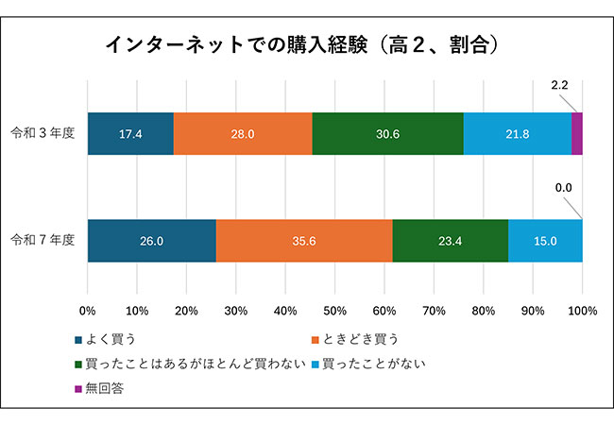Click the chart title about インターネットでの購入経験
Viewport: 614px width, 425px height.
[301, 44]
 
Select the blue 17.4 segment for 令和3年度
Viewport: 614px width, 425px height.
[130, 133]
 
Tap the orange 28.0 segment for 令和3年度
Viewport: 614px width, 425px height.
[243, 133]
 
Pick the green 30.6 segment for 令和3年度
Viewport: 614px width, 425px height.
[387, 133]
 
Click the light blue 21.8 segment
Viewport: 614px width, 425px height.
[518, 133]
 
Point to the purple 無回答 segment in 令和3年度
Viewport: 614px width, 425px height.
[577, 133]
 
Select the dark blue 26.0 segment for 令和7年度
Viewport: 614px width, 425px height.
[151, 241]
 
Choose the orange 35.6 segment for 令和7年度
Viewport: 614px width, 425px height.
[304, 241]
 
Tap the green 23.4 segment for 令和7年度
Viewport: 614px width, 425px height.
[450, 241]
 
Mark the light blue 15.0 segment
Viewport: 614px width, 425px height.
[545, 241]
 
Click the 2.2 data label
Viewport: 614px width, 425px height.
[559, 86]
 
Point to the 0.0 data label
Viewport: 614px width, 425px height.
[564, 187]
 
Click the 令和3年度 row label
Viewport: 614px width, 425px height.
[44, 133]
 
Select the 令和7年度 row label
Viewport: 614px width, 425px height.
[44, 241]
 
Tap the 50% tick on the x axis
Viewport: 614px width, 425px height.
[334, 310]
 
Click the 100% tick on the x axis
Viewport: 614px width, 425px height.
[582, 310]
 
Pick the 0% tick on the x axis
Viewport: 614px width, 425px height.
[88, 310]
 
